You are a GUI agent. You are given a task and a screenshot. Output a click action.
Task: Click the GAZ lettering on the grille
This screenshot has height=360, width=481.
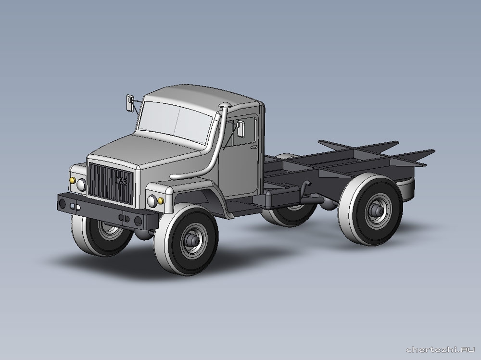coord(121,181)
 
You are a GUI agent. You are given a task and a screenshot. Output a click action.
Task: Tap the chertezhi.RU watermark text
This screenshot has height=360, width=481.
coord(440,349)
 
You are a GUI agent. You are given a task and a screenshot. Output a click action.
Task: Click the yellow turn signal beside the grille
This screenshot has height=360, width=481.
coord(73,180)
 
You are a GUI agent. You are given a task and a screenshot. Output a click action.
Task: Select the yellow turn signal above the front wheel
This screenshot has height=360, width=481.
coord(161,201)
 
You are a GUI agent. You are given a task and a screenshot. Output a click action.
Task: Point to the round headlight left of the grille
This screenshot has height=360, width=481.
coord(81,185)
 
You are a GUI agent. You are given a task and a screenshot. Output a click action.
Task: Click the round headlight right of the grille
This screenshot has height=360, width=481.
coord(152,201)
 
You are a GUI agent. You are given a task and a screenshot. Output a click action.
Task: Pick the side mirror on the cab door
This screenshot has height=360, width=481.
coord(240,128)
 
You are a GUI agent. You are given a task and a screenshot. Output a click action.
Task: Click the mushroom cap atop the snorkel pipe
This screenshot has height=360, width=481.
coord(225,105)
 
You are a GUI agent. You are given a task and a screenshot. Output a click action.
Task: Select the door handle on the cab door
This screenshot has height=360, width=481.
coord(254,147)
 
